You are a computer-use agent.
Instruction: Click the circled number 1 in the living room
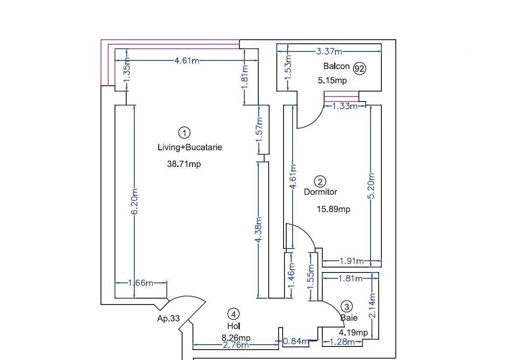tap(184, 133)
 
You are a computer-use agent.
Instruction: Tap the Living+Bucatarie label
tap(190, 147)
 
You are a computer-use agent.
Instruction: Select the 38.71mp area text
tap(184, 164)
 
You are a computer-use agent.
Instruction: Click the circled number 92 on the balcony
tap(359, 69)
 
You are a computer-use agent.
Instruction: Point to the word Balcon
tap(336, 66)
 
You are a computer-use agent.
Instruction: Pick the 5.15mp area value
tap(332, 81)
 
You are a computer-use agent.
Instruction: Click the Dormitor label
tap(321, 192)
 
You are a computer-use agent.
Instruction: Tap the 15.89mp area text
tap(333, 209)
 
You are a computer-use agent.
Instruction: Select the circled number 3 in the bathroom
tap(346, 307)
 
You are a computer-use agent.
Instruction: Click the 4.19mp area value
tap(353, 333)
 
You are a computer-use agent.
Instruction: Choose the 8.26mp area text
tap(236, 338)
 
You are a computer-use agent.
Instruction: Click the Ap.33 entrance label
tap(168, 318)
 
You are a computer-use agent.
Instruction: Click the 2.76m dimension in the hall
tap(236, 346)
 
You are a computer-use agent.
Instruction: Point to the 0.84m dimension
tap(296, 342)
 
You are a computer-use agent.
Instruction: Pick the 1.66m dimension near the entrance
tap(141, 283)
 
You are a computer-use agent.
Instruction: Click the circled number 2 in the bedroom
tap(320, 182)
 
